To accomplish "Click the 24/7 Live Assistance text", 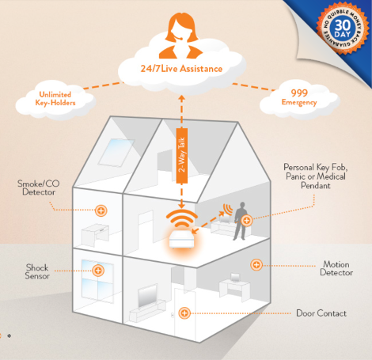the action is click(x=181, y=69).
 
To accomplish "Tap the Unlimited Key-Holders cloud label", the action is click(x=55, y=99).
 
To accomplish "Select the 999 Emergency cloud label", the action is click(x=299, y=97).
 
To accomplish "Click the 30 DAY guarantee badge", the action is click(x=343, y=28).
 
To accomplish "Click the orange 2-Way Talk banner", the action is click(x=182, y=156).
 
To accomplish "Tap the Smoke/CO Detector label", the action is click(x=39, y=188).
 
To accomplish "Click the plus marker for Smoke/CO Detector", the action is click(x=101, y=210).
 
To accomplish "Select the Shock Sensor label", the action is click(x=37, y=271).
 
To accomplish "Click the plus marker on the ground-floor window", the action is click(x=98, y=271).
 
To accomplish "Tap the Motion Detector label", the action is click(x=336, y=268).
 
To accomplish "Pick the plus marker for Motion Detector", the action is click(x=256, y=264).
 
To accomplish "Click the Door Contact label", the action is click(x=321, y=313).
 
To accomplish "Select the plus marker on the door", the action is click(x=184, y=313).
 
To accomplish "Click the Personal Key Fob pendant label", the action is click(x=316, y=176).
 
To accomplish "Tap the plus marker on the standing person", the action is click(x=247, y=220).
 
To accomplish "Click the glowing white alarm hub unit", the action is click(x=182, y=240).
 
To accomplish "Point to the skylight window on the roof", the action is click(x=117, y=153).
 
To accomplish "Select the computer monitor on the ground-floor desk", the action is click(x=235, y=278).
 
